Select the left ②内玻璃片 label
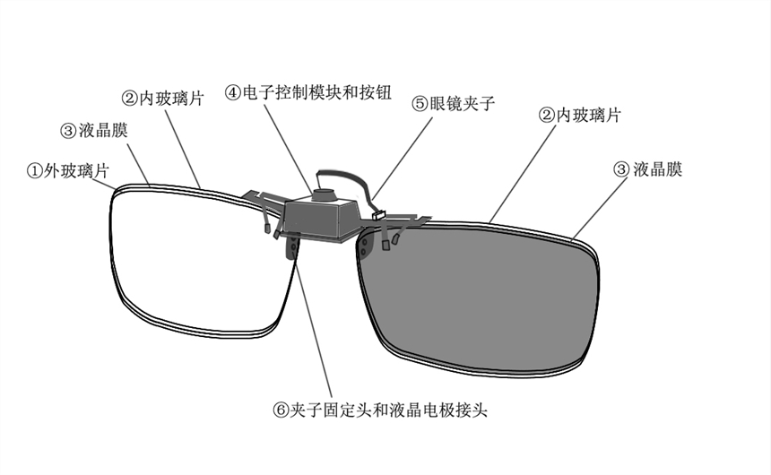point(162,98)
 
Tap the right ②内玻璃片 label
point(579,115)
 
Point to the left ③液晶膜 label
point(94,131)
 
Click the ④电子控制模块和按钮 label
point(308,92)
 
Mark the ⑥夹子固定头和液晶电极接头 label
point(380,410)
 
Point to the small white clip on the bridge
point(377,214)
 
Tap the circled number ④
point(232,92)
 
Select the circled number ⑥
point(281,410)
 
